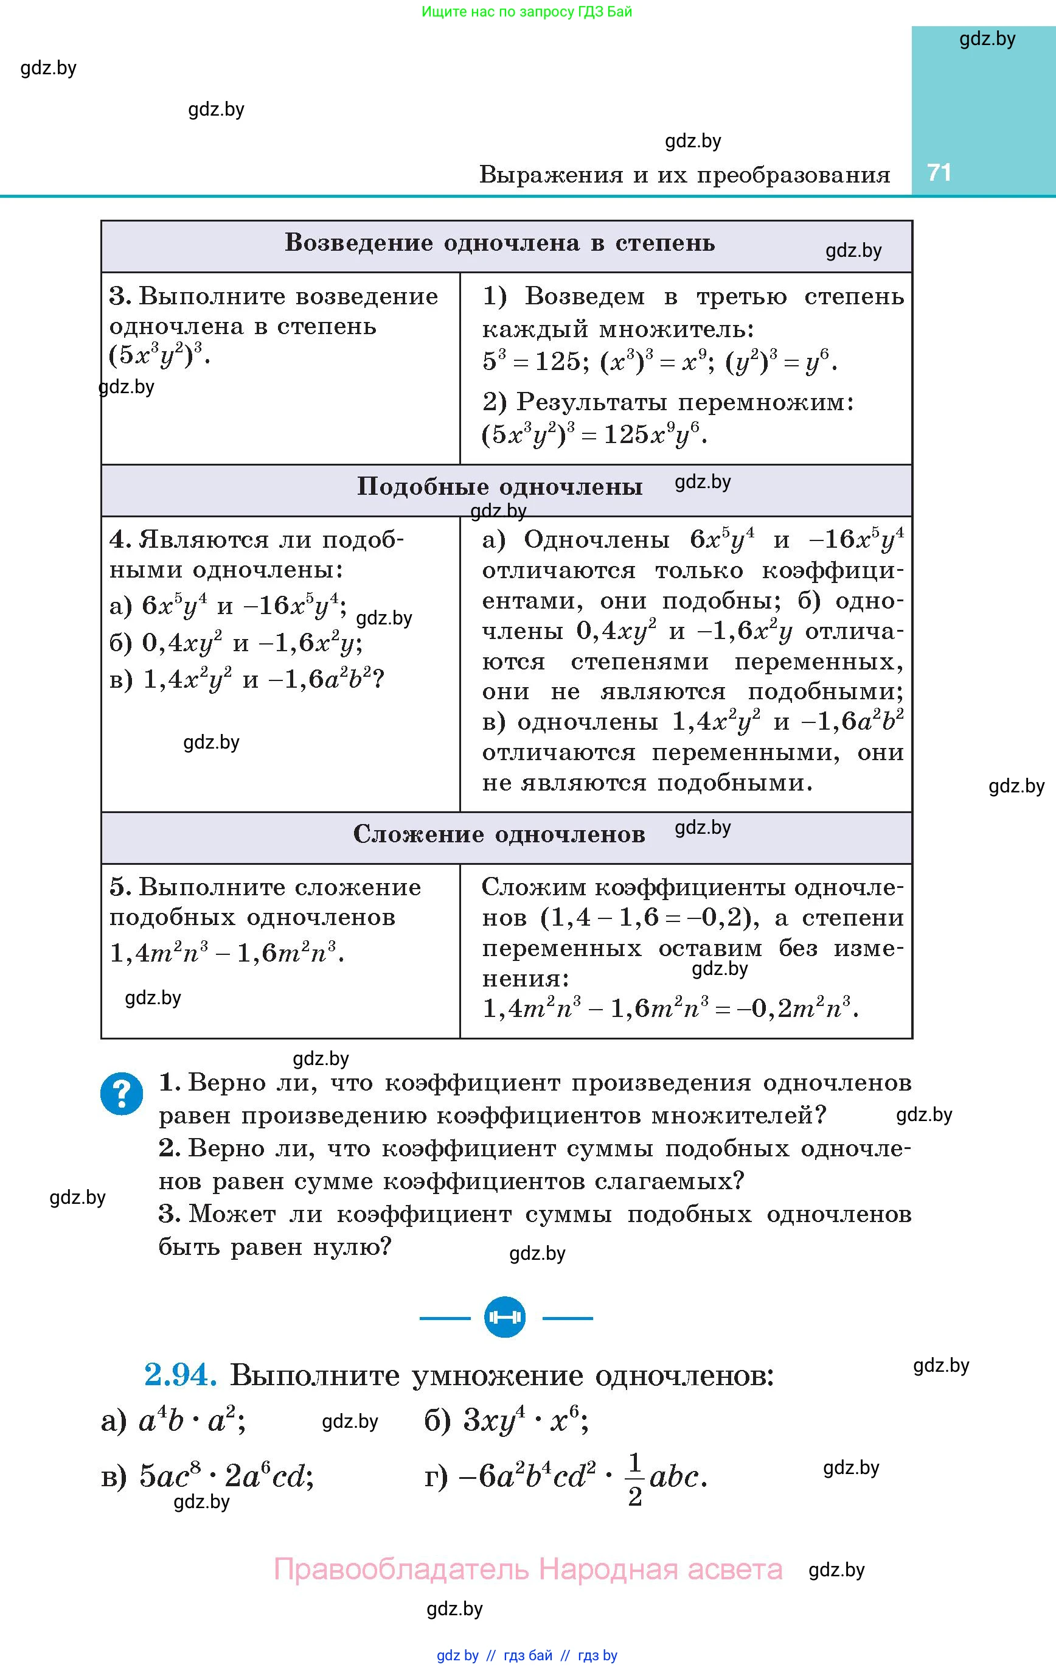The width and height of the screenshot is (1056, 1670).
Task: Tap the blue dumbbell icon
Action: (505, 1317)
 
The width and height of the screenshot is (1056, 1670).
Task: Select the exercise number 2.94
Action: (180, 1375)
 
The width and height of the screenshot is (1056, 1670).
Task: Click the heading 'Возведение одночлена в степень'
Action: (499, 243)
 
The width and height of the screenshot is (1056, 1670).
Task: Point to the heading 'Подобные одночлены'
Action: (499, 487)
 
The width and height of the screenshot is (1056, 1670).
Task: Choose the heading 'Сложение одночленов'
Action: (499, 834)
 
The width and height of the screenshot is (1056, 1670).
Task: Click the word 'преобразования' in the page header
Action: (793, 175)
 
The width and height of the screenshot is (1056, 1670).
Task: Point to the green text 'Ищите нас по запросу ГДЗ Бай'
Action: (527, 12)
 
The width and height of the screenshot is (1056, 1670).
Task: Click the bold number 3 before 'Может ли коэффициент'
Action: (169, 1214)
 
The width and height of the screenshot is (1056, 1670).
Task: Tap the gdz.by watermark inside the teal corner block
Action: (987, 39)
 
